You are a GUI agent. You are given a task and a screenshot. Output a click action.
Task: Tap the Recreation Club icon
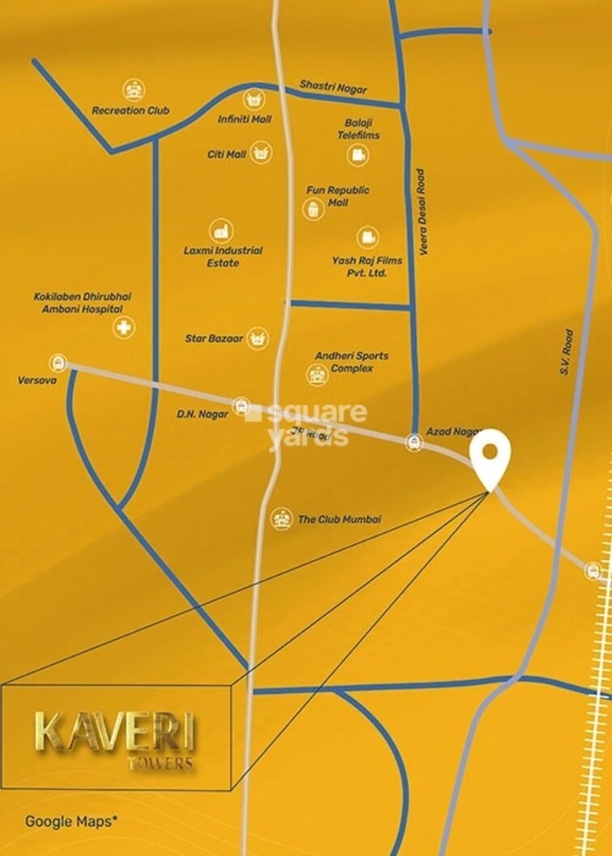[132, 89]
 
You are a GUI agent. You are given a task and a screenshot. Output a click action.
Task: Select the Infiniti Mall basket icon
[253, 100]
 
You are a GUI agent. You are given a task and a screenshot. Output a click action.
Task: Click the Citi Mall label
[226, 154]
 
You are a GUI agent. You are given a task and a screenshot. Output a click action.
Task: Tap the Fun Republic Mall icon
[312, 208]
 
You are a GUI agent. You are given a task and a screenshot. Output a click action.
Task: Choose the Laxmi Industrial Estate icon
[220, 231]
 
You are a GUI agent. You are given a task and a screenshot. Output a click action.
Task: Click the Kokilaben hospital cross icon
[124, 328]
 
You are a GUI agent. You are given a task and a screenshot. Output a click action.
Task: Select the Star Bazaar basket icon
[257, 337]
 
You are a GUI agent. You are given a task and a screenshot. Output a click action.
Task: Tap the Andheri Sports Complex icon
[315, 374]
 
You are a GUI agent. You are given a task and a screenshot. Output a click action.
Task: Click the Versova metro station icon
[58, 363]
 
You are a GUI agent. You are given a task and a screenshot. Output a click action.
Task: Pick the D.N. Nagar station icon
[241, 407]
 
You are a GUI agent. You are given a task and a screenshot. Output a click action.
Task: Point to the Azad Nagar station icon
[413, 442]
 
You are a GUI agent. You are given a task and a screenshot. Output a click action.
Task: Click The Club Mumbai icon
[280, 518]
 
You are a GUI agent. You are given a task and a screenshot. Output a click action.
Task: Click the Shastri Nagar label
[333, 86]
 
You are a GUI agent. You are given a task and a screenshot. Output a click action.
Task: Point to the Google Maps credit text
[71, 820]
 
